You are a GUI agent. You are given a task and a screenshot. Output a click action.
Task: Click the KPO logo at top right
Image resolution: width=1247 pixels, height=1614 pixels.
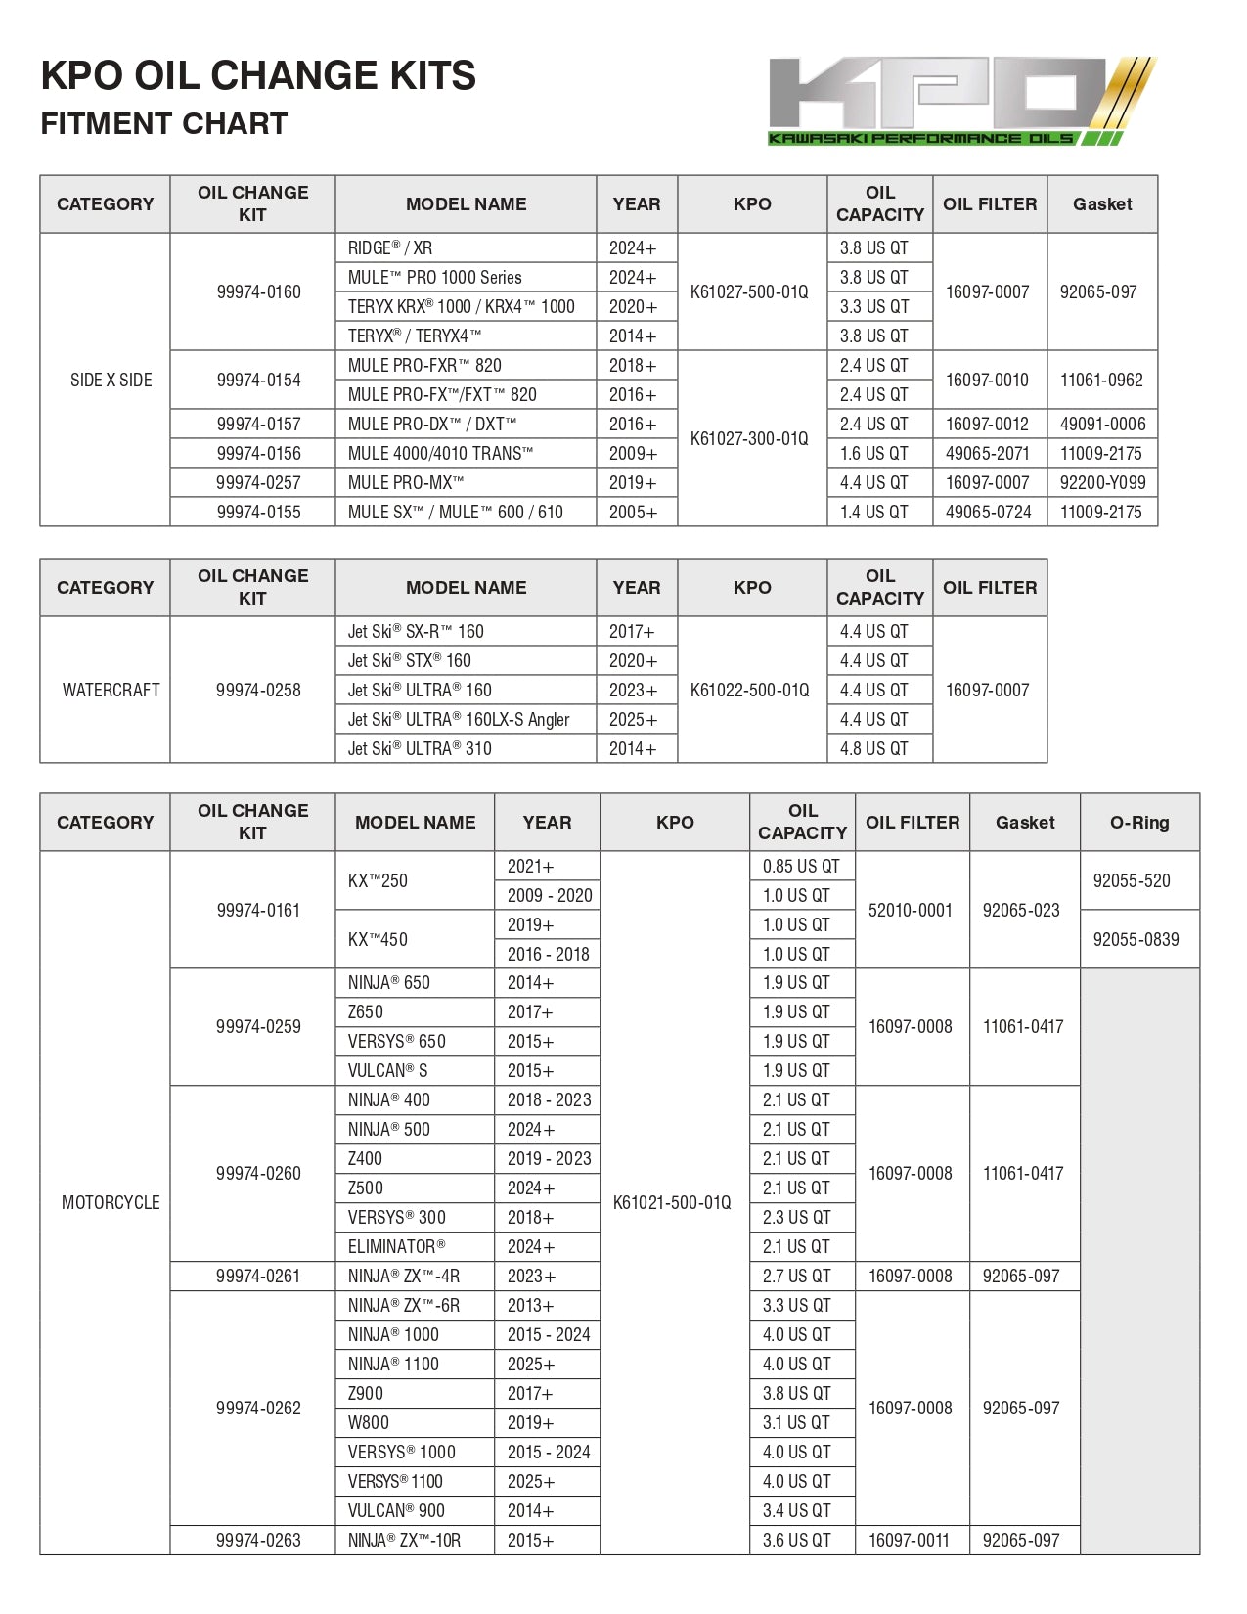[x=961, y=101]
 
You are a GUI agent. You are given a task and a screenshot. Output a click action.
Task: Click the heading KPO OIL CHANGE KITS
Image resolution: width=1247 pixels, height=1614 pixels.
[x=258, y=76]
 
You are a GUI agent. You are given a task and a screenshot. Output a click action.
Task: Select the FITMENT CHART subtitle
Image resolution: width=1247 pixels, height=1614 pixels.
[x=164, y=124]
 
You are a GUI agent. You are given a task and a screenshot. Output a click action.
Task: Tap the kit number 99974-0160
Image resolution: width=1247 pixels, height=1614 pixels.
[x=258, y=291]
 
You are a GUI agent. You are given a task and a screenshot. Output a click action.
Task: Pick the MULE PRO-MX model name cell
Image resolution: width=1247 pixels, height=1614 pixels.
[x=406, y=482]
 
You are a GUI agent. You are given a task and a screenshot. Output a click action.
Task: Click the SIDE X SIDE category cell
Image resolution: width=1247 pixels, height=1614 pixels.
[x=111, y=380]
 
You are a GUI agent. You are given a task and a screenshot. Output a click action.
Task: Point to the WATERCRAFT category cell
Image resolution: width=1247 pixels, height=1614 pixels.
[x=111, y=690]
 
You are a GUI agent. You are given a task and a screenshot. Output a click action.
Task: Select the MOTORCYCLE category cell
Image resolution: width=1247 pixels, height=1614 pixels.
[x=111, y=1202]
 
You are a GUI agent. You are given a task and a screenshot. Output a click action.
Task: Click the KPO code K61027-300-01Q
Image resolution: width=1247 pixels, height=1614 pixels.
[x=749, y=438]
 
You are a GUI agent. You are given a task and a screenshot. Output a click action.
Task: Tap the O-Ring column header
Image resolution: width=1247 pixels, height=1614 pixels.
[x=1139, y=822]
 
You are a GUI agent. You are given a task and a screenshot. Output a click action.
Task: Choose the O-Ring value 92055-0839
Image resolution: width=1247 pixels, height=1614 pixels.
[x=1136, y=939]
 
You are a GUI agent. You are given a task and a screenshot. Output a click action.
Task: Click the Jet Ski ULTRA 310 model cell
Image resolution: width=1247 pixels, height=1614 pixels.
[x=420, y=748]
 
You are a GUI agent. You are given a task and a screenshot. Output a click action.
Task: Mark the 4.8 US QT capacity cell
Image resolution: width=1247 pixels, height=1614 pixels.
[x=873, y=748]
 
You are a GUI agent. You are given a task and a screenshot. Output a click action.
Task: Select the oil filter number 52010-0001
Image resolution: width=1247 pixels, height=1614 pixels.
[x=910, y=910]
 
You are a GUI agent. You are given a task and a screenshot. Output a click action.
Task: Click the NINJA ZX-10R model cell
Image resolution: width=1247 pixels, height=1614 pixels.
[x=404, y=1540]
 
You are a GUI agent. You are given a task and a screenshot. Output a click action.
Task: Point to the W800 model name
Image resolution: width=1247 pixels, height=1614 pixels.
[x=368, y=1422]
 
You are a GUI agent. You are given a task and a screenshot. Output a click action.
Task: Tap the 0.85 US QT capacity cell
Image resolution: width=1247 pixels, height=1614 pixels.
[x=801, y=866]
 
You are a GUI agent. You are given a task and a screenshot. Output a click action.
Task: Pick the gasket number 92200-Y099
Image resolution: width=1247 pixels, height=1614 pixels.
[x=1102, y=482]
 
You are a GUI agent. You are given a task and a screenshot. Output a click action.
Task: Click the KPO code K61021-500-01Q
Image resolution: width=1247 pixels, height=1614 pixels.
[x=672, y=1202]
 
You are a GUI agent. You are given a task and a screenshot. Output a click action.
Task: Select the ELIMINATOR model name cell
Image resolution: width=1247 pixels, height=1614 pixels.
[x=396, y=1246]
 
